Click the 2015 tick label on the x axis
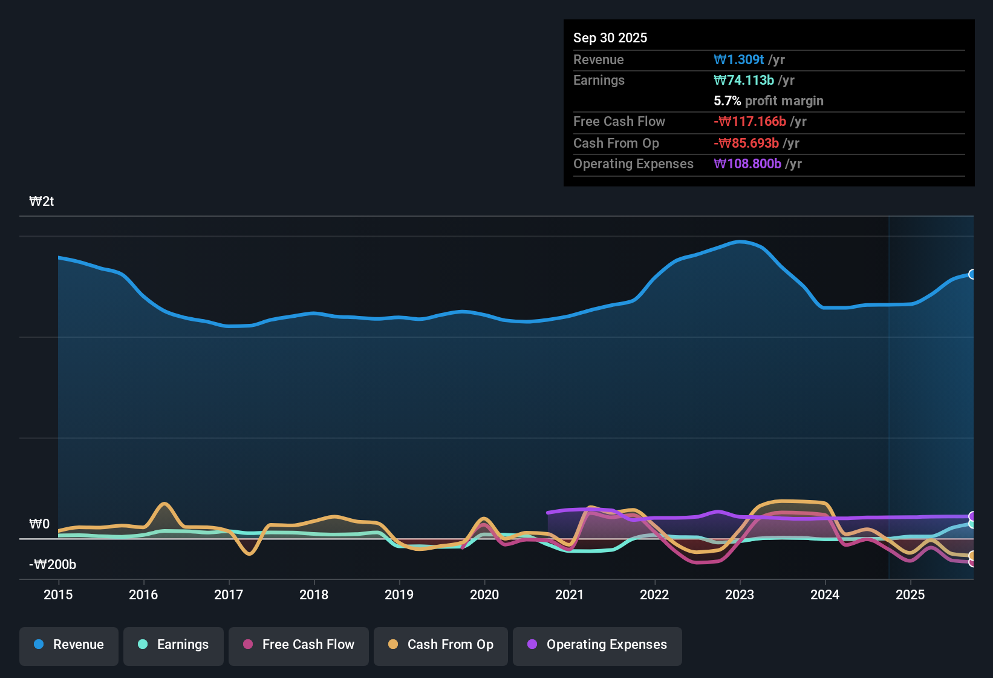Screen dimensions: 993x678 pos(58,594)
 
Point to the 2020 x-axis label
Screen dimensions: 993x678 pos(484,594)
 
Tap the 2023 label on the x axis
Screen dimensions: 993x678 pos(740,594)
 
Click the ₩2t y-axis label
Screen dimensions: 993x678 pos(42,202)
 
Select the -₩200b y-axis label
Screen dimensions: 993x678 pos(53,564)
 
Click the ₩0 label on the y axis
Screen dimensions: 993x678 pos(39,524)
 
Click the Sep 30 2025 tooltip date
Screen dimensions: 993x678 pos(610,38)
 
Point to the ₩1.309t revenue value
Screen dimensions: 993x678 pos(738,59)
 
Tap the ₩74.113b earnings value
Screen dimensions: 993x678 pos(744,81)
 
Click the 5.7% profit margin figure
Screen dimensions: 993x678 pos(728,100)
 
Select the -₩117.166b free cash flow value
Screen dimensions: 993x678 pos(750,122)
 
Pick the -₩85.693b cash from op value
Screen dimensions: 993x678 pos(746,143)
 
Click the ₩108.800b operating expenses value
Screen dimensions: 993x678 pos(747,164)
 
